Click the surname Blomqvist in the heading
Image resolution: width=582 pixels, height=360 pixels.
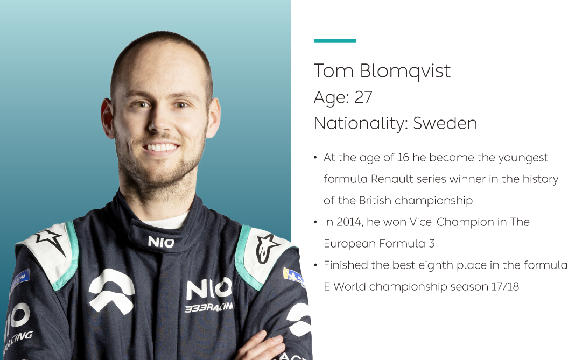point(405,71)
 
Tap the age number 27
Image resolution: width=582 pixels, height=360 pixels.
point(363,97)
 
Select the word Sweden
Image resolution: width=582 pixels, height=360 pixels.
point(445,123)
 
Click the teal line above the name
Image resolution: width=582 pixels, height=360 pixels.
point(335,40)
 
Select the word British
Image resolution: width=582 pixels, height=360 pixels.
point(375,200)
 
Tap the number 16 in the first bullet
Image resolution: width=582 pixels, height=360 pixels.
point(403,157)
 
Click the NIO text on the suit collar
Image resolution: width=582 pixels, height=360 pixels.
point(161,242)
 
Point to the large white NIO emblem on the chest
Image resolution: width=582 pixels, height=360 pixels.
point(111,291)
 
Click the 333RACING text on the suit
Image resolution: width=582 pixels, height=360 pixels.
point(209,307)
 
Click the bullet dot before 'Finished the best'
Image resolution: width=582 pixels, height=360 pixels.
point(315,265)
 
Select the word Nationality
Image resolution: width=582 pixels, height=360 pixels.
point(358,124)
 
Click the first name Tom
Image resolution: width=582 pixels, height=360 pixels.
point(333,71)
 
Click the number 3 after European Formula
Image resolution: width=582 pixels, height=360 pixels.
point(432,243)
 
